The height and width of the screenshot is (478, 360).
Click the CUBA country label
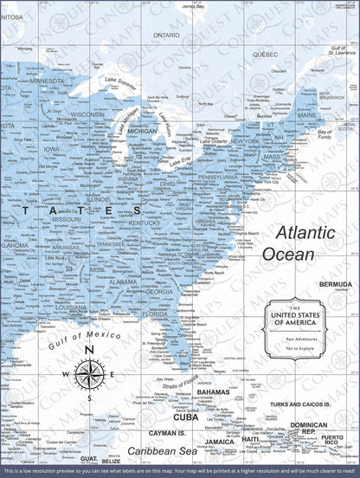(x=185, y=417)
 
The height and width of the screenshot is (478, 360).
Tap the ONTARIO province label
(x=166, y=36)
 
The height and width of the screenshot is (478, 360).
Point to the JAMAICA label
(x=220, y=442)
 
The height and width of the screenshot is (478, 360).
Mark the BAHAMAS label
(x=213, y=391)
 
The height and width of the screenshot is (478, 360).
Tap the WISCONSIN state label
(x=87, y=113)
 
